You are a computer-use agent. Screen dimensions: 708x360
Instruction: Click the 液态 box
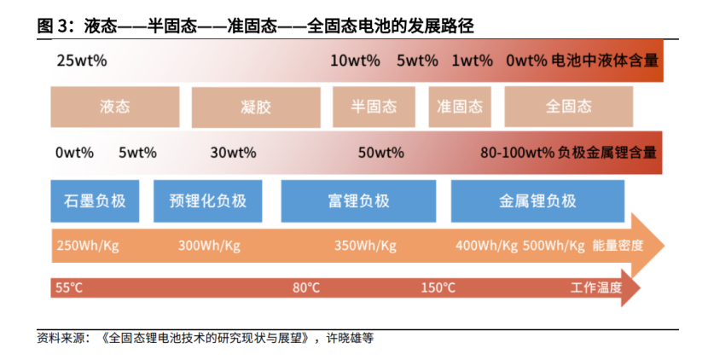coord(115,107)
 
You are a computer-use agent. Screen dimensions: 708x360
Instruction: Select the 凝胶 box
coord(256,107)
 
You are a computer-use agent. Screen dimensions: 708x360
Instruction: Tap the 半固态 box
coord(374,107)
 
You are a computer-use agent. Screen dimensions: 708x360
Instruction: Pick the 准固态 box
coord(460,107)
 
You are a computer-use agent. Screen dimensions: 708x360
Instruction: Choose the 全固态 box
coord(568,107)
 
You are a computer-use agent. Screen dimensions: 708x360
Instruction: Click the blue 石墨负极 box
coord(95,201)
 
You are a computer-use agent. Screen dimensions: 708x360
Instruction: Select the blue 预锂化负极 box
coord(207,201)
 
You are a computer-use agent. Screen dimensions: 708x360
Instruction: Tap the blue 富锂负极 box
coord(358,201)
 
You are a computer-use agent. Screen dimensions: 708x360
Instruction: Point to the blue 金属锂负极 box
coord(537,201)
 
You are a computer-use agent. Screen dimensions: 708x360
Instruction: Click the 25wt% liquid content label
coord(82,61)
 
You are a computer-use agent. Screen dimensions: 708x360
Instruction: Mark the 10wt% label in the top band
coord(355,61)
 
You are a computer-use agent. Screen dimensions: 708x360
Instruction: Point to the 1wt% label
coord(473,61)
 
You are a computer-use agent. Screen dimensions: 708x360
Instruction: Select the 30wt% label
coord(233,153)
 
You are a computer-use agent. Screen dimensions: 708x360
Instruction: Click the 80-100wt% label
coord(518,153)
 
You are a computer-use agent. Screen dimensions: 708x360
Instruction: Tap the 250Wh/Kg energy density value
coord(88,246)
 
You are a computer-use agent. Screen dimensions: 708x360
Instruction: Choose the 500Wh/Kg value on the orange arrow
coord(554,246)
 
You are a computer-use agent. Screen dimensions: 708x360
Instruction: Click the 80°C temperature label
coord(306,287)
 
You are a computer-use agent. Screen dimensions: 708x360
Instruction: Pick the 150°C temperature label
coord(438,287)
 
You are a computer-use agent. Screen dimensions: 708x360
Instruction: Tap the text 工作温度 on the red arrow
coord(596,287)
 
